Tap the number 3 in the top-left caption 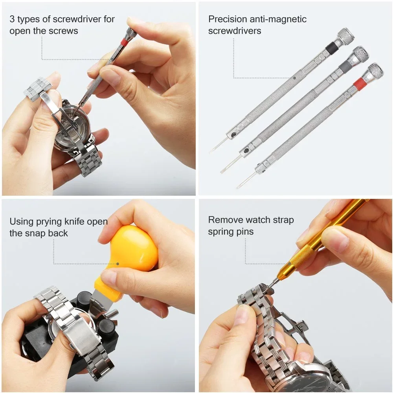(x=12, y=19)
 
